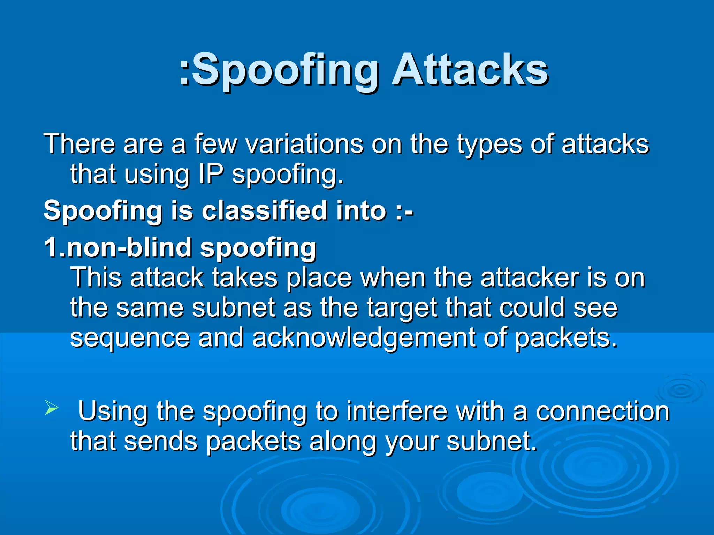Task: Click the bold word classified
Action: coord(265,211)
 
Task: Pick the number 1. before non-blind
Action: coord(54,247)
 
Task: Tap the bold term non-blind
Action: coord(129,247)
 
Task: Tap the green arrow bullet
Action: coord(51,408)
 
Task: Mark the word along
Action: coord(343,442)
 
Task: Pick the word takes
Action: coord(245,278)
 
